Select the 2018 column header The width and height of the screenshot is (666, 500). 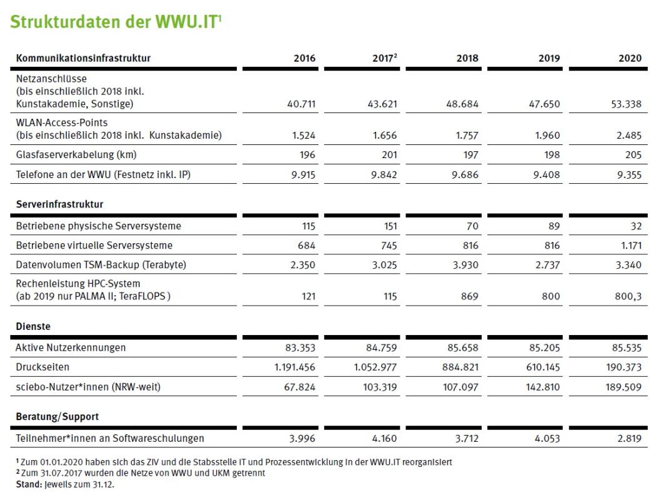click(467, 58)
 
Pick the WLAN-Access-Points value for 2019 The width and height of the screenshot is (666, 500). click(547, 136)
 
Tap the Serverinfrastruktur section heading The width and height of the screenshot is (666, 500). click(60, 204)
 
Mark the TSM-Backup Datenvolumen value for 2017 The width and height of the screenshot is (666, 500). click(382, 265)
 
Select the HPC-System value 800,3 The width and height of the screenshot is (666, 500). click(627, 297)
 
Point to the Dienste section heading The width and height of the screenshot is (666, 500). click(34, 326)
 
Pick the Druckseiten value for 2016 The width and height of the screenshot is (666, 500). click(295, 367)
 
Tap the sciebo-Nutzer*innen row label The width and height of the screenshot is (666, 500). click(88, 387)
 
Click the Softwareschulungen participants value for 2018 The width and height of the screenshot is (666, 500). click(466, 439)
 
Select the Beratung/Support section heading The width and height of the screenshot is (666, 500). click(57, 416)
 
